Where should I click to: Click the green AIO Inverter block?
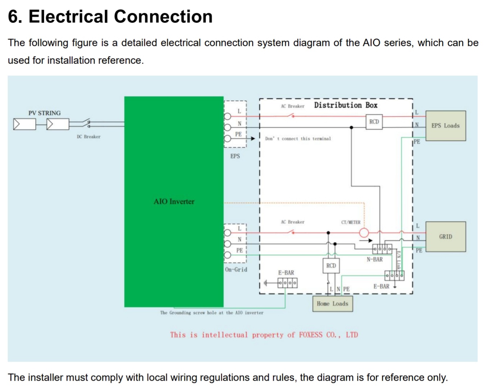[174, 201]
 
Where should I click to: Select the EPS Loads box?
[445, 126]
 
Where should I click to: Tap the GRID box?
[445, 237]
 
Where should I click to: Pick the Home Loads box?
[332, 304]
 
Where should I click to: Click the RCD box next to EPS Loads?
[374, 122]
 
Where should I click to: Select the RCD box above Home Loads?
[331, 266]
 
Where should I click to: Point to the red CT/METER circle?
[364, 233]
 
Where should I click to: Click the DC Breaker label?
[88, 137]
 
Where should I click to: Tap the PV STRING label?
[45, 113]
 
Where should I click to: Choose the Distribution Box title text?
[346, 105]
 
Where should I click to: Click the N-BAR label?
[374, 259]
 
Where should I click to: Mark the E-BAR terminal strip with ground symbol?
[287, 283]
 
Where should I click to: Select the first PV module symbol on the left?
[24, 124]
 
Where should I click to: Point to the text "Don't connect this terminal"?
[298, 139]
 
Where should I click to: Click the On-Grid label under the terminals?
[236, 269]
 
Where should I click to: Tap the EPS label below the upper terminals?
[235, 156]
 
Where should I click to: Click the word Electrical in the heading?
[68, 17]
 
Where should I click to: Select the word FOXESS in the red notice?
[310, 335]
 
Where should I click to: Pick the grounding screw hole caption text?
[211, 313]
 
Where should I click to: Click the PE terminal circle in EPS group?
[228, 138]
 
